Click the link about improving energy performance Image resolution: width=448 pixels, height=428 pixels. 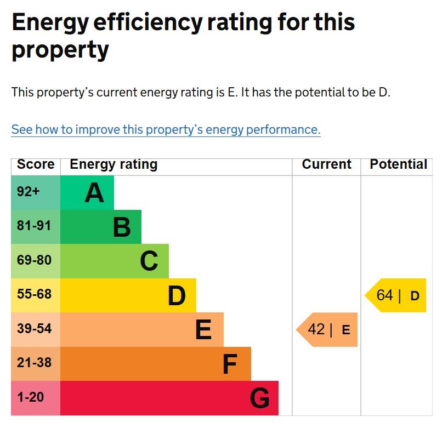click(166, 130)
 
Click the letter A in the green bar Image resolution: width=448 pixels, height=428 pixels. click(94, 193)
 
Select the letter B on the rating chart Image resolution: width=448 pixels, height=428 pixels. click(122, 227)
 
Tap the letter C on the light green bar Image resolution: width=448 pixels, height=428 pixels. click(149, 261)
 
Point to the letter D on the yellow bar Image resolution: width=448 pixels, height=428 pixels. click(177, 296)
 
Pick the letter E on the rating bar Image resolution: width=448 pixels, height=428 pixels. click(203, 330)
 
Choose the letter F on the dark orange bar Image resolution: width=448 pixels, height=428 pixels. click(230, 364)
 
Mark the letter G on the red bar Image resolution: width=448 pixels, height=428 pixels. click(259, 398)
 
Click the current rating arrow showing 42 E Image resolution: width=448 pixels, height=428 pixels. click(328, 330)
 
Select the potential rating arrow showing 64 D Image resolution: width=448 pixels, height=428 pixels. click(396, 295)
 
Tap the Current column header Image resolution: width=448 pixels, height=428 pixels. click(327, 164)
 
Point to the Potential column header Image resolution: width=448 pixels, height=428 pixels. click(398, 164)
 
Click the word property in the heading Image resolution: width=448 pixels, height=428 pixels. click(60, 50)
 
